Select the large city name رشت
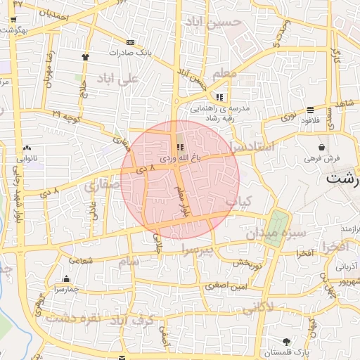pyautogui.click(x=342, y=178)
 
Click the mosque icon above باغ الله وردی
pyautogui.click(x=180, y=147)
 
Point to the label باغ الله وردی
pyautogui.click(x=180, y=159)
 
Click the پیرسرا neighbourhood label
pyautogui.click(x=196, y=250)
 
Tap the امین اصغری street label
pyautogui.click(x=226, y=285)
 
